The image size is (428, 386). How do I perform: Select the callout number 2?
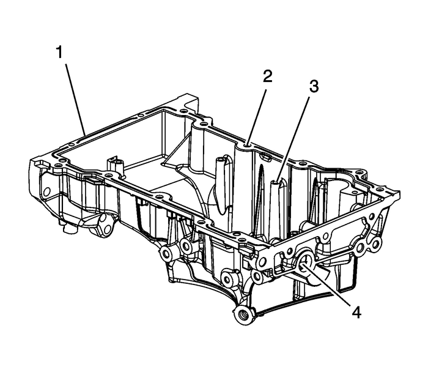tap(267, 77)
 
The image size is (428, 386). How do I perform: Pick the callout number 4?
tap(356, 312)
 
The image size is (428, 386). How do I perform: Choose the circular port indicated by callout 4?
tap(304, 264)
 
